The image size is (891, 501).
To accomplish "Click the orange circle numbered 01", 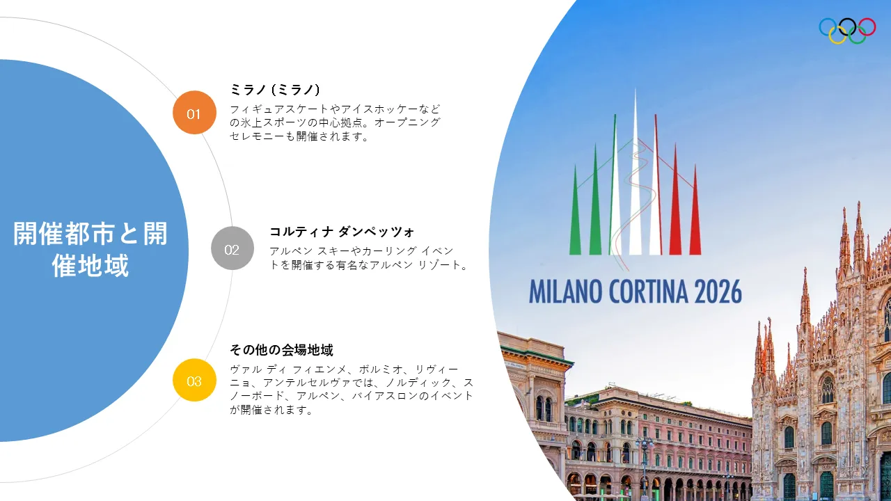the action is coord(194,113).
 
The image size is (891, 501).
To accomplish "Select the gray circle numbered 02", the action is coord(232,248).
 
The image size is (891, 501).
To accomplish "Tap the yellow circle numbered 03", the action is coord(194,380).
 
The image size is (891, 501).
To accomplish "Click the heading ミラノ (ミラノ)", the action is coord(275,90).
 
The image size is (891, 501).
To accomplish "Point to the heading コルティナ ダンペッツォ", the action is coord(342,232).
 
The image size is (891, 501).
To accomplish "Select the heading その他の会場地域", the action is coord(282,350).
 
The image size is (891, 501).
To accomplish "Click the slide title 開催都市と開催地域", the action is coord(90,249).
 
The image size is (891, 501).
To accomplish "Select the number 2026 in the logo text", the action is coord(718,292).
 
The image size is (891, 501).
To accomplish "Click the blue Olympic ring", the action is coord(828,27).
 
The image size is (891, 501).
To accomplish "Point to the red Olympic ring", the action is coord(867,27).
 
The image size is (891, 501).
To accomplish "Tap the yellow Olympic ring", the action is coord(837,35).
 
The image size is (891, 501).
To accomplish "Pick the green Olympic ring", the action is coord(857,35).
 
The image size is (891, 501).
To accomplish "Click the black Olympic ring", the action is coord(847,27).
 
